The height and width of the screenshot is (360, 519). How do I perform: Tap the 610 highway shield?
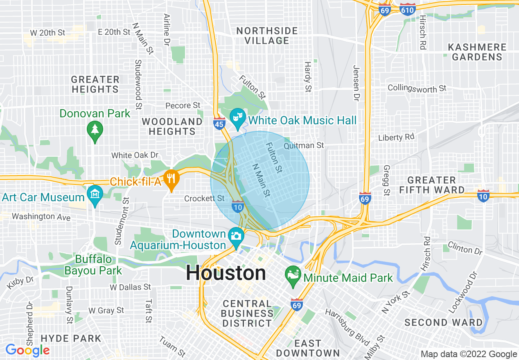tap(408, 10)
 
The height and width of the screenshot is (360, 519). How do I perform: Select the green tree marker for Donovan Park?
tap(95, 130)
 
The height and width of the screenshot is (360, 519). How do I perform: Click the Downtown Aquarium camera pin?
tap(236, 236)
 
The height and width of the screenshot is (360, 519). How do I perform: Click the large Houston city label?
tap(226, 273)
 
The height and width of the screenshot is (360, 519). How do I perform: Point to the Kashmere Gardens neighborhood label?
tap(477, 52)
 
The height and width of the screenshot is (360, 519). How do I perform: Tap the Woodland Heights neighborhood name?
tap(172, 126)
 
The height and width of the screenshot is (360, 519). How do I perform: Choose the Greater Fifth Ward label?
tap(432, 185)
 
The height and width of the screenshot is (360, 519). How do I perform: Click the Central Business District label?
tap(247, 313)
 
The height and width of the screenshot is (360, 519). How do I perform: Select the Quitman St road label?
tap(304, 145)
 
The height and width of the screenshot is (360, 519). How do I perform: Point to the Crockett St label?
tap(204, 198)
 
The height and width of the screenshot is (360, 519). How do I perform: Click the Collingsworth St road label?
tap(417, 88)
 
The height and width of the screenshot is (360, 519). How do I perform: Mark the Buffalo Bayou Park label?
tap(93, 265)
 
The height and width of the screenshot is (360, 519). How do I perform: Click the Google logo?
tap(27, 350)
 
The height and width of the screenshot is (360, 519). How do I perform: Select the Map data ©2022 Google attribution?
tap(469, 354)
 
